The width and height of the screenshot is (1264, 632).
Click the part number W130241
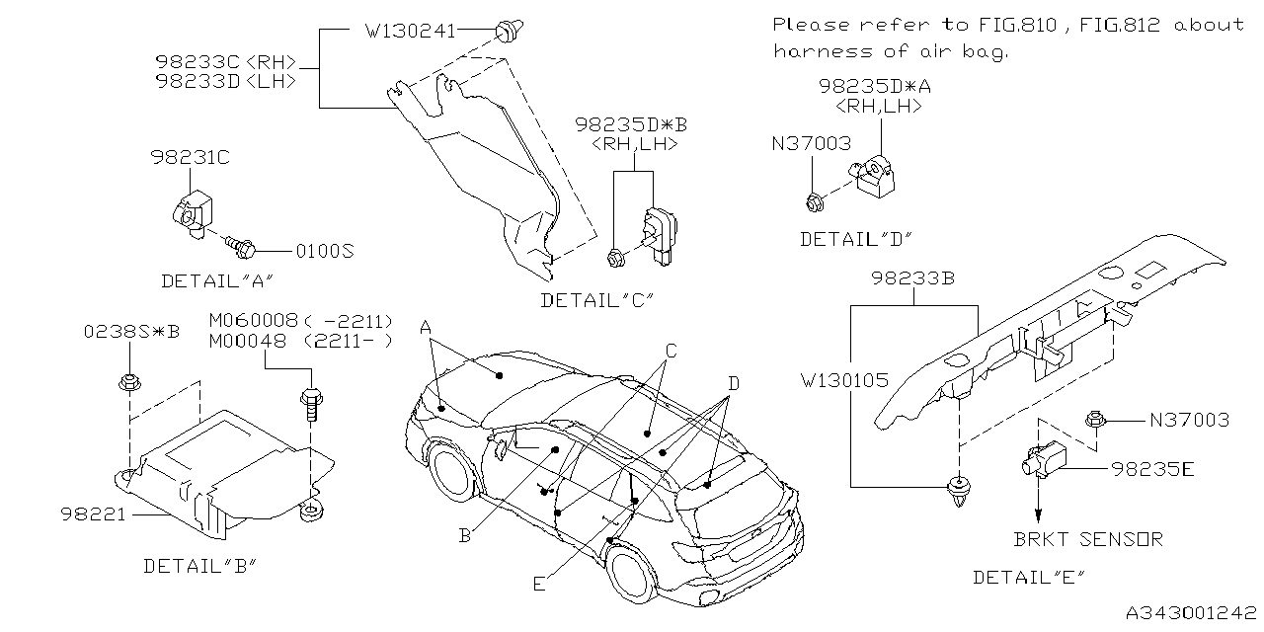[x=410, y=31]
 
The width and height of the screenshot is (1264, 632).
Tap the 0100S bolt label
[x=325, y=251]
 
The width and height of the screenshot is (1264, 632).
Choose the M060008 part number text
[x=254, y=322]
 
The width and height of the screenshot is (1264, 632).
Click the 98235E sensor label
[x=1153, y=469]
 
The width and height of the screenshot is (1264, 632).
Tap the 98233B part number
[x=912, y=279]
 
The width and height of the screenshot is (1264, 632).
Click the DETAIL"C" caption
[x=597, y=300]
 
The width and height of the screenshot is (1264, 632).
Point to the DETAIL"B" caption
[x=200, y=566]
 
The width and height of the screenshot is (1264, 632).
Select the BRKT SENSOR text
[x=1088, y=539]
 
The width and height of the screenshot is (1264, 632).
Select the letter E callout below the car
[x=538, y=584]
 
